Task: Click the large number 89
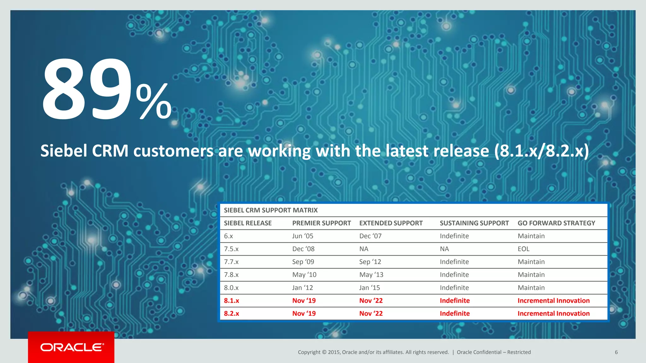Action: coord(87,89)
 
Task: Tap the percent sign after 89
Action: coord(154,101)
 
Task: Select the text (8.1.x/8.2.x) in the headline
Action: coord(541,151)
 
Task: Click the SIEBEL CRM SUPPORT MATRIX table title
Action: coord(271,210)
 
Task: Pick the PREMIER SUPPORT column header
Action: coord(321,223)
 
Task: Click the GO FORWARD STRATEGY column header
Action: coord(556,223)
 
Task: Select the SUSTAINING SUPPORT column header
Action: coord(474,223)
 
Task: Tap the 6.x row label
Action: coord(228,236)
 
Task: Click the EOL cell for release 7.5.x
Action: coord(523,249)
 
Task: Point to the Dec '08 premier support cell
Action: coord(303,249)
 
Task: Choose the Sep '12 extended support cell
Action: coord(370,262)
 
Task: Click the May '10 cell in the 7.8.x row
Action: coord(304,275)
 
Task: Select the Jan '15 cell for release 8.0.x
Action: coord(369,288)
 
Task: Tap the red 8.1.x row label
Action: coord(231,301)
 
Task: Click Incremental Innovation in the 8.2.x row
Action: coord(553,314)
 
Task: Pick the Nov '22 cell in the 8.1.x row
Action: coord(371,301)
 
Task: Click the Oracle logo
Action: coord(72,347)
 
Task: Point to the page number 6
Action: coord(616,352)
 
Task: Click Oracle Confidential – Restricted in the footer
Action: coord(493,352)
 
